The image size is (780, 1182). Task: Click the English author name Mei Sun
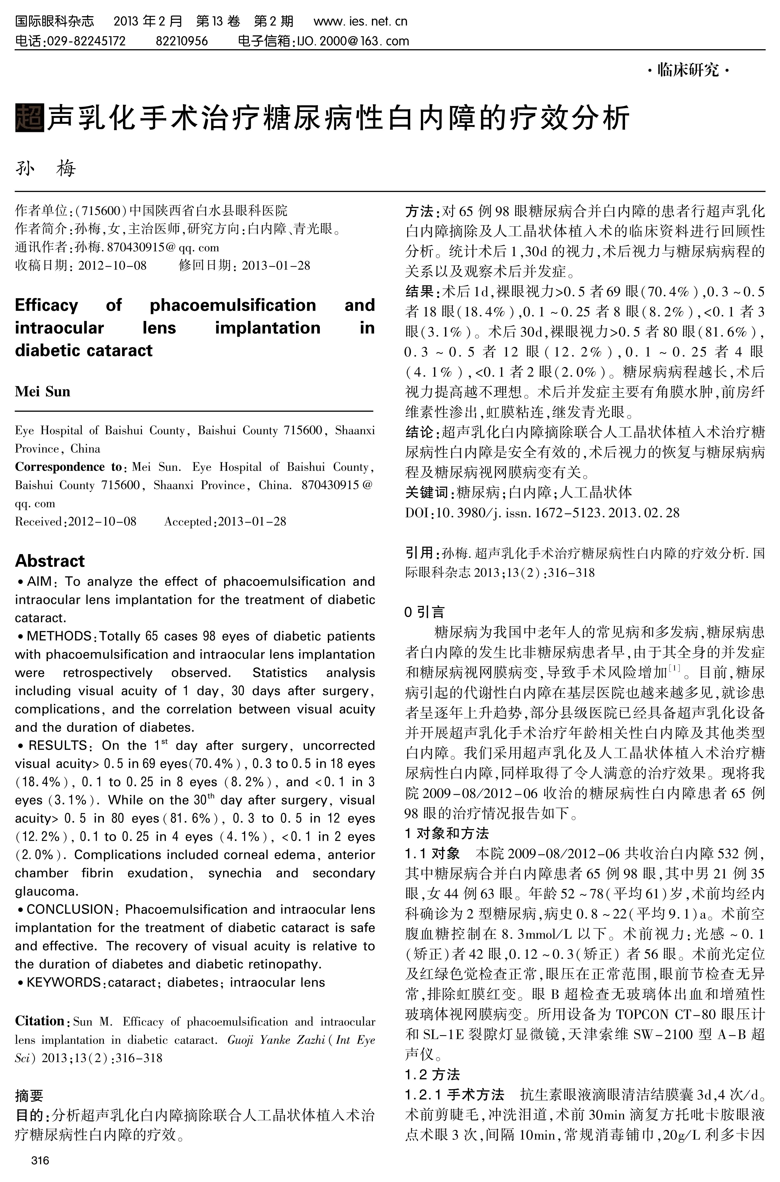(43, 392)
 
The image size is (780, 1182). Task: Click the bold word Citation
(40, 1021)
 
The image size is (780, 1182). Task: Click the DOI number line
(542, 513)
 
